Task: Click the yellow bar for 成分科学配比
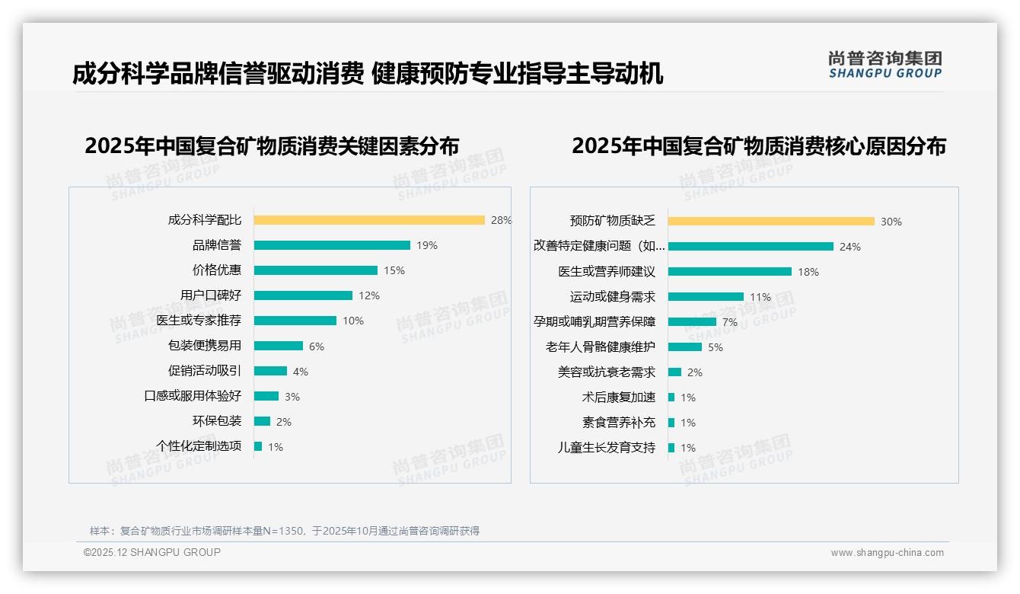[x=369, y=220]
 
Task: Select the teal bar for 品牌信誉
[x=332, y=245]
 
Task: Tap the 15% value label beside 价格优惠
[x=394, y=270]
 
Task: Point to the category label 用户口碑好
[x=211, y=295]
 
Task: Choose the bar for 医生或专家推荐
[x=295, y=321]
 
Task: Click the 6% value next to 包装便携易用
[x=317, y=346]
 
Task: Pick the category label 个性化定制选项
[x=199, y=446]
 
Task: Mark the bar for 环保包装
[x=262, y=421]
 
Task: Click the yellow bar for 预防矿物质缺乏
[x=771, y=222]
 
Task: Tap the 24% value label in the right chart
[x=850, y=247]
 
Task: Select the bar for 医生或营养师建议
[x=730, y=272]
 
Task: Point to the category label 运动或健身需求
[x=613, y=297]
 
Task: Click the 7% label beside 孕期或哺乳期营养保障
[x=730, y=322]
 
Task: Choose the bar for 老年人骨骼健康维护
[x=685, y=347]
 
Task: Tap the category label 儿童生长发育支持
[x=607, y=448]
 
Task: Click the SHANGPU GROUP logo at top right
[x=885, y=65]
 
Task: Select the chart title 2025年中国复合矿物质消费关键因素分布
[x=272, y=146]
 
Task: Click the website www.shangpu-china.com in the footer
[x=887, y=553]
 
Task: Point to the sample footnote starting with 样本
[x=285, y=531]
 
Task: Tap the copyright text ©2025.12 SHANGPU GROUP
[x=152, y=552]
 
